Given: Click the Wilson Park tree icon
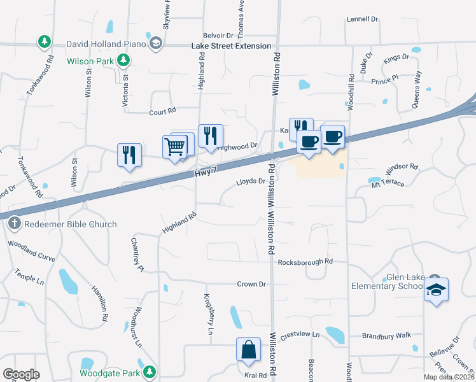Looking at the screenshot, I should (x=124, y=61).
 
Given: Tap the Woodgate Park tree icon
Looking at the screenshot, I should (x=150, y=371).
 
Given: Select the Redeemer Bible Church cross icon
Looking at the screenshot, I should (x=14, y=223).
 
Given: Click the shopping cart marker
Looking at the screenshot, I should (x=175, y=147).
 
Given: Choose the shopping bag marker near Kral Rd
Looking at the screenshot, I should (x=248, y=350).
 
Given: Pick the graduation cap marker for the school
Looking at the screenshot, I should (x=436, y=290).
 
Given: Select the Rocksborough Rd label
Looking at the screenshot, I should (x=305, y=261).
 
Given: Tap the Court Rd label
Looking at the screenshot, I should (x=162, y=111).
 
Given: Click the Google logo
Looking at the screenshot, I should (x=21, y=374).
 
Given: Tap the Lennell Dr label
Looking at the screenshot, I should (x=362, y=19).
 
